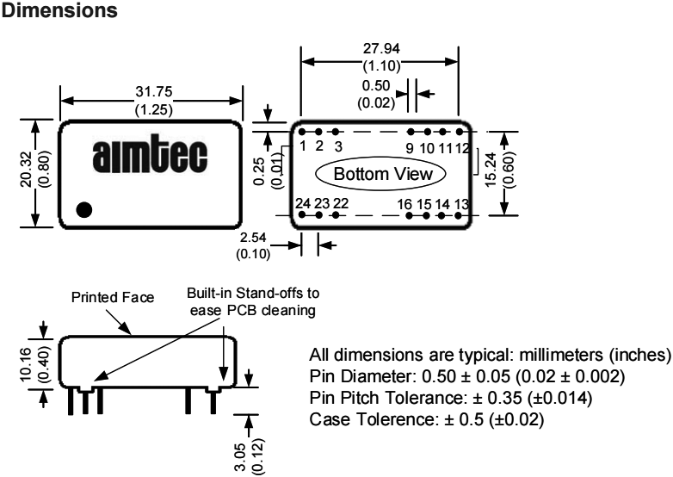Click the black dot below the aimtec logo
click(x=84, y=208)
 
